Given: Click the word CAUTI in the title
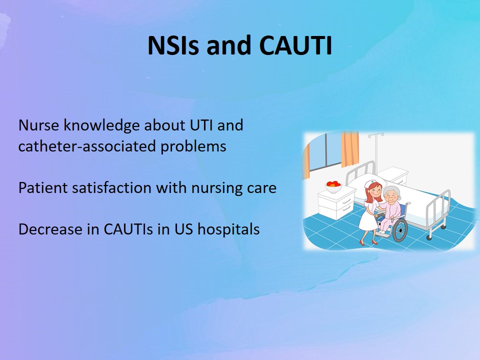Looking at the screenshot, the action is (295, 45).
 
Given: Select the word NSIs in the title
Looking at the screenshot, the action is (173, 45).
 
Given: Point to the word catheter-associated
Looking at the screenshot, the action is (87, 146).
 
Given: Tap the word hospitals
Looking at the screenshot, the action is (228, 229).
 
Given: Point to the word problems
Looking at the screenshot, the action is (193, 146).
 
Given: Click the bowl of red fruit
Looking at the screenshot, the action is (333, 186).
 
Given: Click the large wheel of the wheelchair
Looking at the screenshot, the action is (400, 230).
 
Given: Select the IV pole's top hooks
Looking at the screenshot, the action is (376, 135).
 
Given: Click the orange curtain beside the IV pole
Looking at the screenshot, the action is (349, 149).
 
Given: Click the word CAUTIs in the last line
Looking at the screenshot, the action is (128, 229).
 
